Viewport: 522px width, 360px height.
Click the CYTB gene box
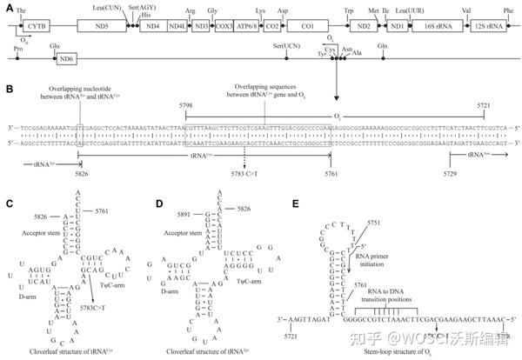36,27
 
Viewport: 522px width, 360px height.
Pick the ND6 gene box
64,59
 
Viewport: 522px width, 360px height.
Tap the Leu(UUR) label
405,8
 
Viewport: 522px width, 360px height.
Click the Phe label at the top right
508,8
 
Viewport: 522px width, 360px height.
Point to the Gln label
406,43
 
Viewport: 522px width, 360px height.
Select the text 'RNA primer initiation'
375,263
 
